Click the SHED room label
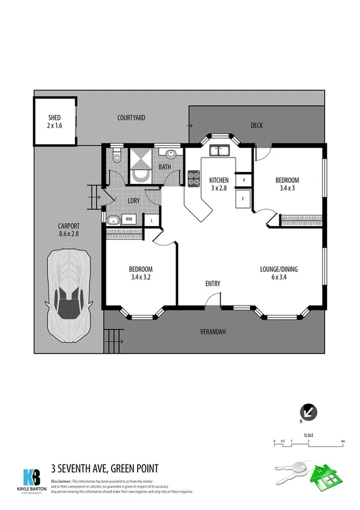click(55, 122)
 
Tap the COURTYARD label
click(131, 118)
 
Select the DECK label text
click(257, 126)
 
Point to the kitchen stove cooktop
click(194, 178)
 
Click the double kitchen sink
click(220, 151)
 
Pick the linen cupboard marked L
click(151, 220)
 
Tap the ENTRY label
click(212, 284)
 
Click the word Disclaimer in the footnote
click(61, 482)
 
